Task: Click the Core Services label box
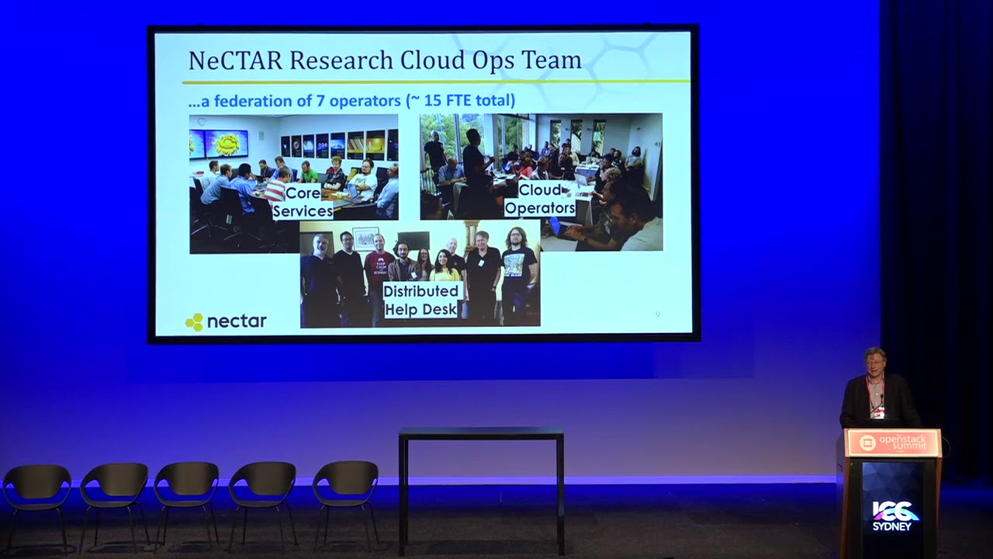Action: point(303,202)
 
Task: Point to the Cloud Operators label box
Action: point(540,199)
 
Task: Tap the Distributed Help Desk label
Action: point(420,300)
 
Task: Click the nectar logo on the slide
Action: point(226,321)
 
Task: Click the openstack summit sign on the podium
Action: point(893,443)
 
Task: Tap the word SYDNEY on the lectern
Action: point(893,526)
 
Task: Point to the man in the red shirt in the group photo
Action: point(379,272)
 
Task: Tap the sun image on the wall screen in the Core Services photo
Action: point(227,143)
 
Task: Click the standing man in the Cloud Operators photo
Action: point(473,167)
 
